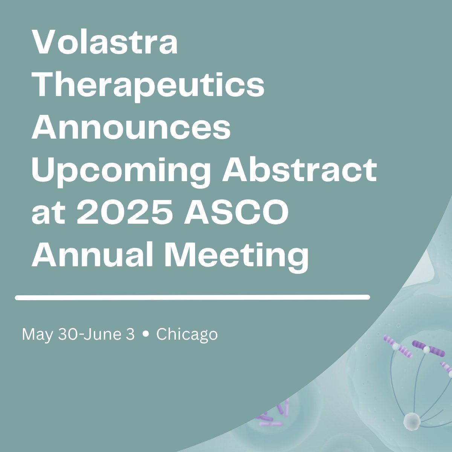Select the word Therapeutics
tap(148, 86)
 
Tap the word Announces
tap(131, 128)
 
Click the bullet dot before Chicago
tap(145, 334)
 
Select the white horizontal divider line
tap(192, 298)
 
